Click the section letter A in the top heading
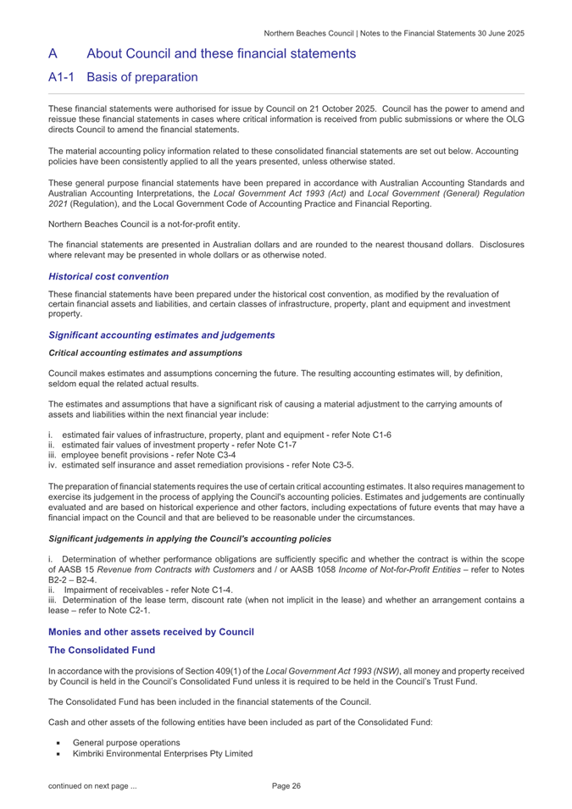(x=53, y=53)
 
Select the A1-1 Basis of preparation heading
(x=123, y=77)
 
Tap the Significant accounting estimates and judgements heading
(x=161, y=335)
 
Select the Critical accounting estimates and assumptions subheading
(x=146, y=352)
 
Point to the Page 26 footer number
(x=286, y=787)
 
